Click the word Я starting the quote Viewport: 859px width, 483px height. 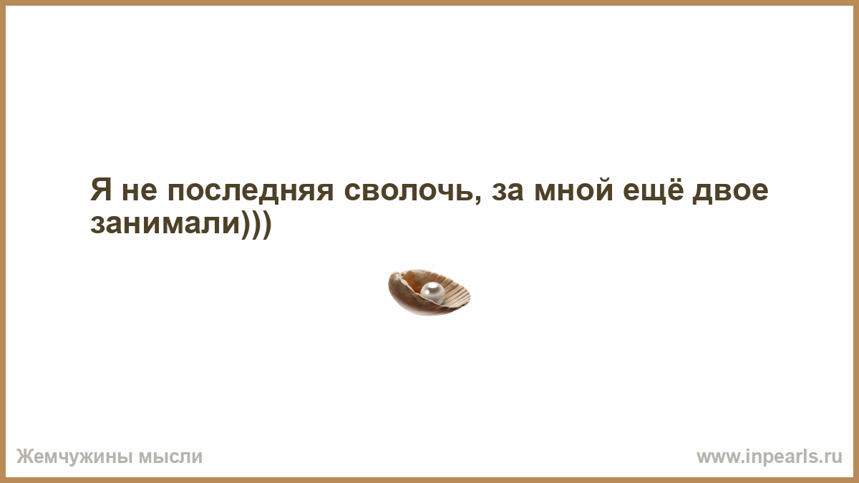pyautogui.click(x=101, y=190)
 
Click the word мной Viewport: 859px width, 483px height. pyautogui.click(x=573, y=190)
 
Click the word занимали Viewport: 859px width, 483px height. pyautogui.click(x=165, y=225)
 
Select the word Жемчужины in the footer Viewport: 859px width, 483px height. pyautogui.click(x=74, y=457)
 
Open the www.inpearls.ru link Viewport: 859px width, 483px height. pyautogui.click(x=770, y=457)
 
